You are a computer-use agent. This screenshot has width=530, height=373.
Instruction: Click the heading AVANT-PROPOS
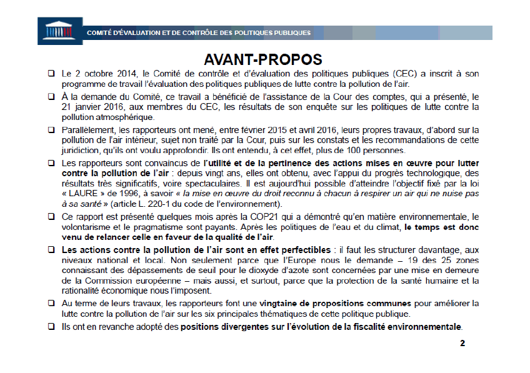point(262,59)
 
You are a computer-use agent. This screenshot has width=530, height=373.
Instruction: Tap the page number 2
point(462,343)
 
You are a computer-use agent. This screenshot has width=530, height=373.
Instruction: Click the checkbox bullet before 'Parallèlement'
point(51,130)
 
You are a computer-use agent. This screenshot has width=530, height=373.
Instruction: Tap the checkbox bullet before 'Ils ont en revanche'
point(51,326)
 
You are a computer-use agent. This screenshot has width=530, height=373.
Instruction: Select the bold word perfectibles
point(294,249)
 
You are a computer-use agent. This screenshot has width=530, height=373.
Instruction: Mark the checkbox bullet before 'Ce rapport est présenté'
point(51,216)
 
